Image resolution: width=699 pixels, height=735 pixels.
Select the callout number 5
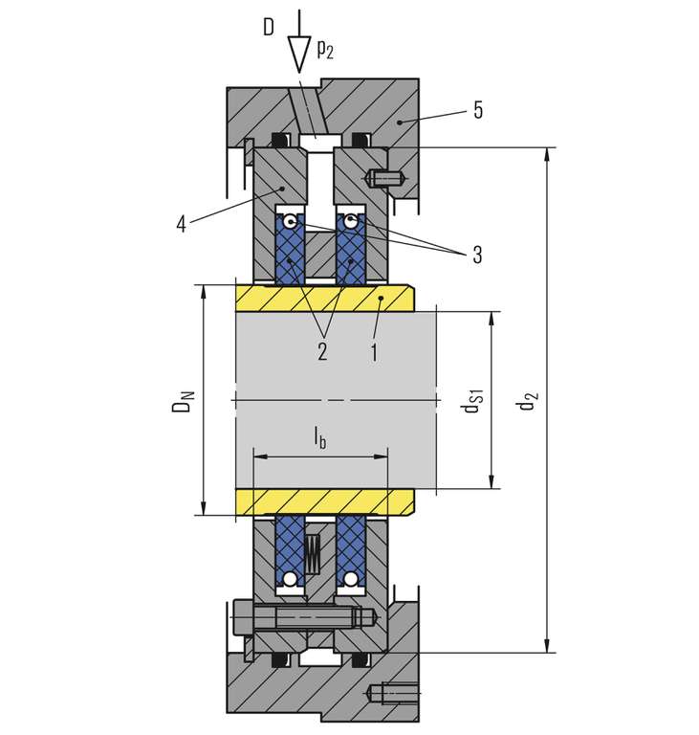477,111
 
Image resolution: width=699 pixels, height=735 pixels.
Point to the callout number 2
322,350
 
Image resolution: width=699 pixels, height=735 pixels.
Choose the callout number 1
374,351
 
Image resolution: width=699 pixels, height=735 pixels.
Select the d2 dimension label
527,400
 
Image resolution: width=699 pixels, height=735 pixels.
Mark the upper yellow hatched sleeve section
324,299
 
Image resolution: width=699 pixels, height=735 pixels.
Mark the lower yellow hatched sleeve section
324,501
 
